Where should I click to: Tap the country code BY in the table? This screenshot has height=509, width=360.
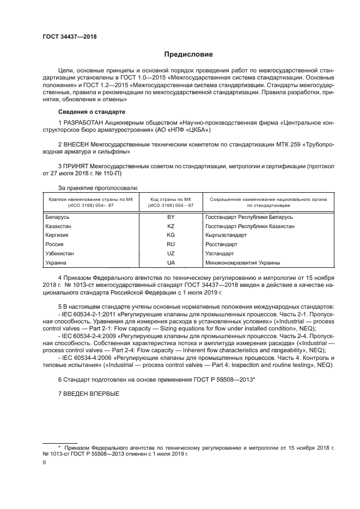click(170, 217)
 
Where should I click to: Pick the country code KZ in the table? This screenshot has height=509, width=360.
click(170, 226)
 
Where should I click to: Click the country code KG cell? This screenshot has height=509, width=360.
click(170, 235)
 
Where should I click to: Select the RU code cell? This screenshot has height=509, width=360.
click(170, 244)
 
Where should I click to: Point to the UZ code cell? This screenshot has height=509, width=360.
click(170, 254)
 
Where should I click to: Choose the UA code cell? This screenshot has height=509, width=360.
click(170, 263)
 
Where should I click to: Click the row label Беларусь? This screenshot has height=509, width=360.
click(59, 217)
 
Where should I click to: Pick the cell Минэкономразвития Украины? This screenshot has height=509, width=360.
click(243, 263)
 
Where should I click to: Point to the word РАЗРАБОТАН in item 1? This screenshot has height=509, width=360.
click(83, 122)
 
